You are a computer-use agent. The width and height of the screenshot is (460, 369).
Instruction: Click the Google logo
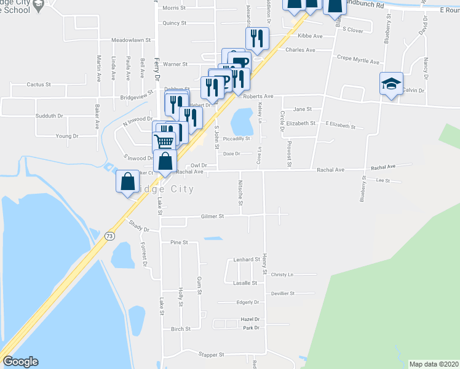(20, 362)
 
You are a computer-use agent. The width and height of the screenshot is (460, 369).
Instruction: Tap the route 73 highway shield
(109, 236)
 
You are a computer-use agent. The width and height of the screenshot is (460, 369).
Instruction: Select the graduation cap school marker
(390, 85)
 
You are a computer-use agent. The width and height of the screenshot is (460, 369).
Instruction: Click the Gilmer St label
(213, 216)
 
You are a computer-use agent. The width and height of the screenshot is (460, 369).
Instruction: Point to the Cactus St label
(38, 84)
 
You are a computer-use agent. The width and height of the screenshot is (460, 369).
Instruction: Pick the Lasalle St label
(245, 283)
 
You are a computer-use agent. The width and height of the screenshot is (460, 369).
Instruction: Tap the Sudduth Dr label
(50, 116)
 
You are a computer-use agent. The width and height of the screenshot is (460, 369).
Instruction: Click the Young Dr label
(66, 136)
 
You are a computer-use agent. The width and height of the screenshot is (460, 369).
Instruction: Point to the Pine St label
(179, 243)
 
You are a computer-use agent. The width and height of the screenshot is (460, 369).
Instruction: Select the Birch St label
(181, 330)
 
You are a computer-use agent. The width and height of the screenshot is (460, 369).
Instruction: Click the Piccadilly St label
(237, 139)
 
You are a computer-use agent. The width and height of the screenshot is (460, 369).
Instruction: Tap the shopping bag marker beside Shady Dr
(127, 183)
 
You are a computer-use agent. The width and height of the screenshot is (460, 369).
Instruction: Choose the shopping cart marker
(164, 141)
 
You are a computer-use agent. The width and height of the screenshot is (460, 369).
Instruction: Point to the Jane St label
(302, 109)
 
